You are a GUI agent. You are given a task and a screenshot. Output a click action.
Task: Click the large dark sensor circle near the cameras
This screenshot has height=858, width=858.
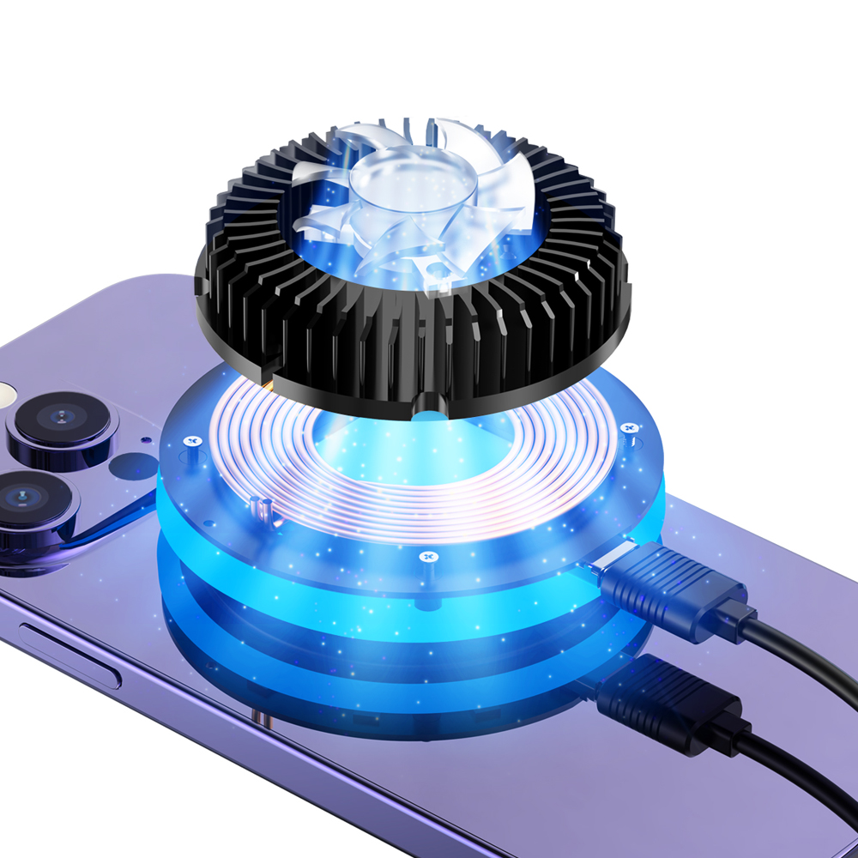click(135, 467)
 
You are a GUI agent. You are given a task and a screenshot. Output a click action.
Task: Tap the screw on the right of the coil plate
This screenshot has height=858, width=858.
click(629, 426)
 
